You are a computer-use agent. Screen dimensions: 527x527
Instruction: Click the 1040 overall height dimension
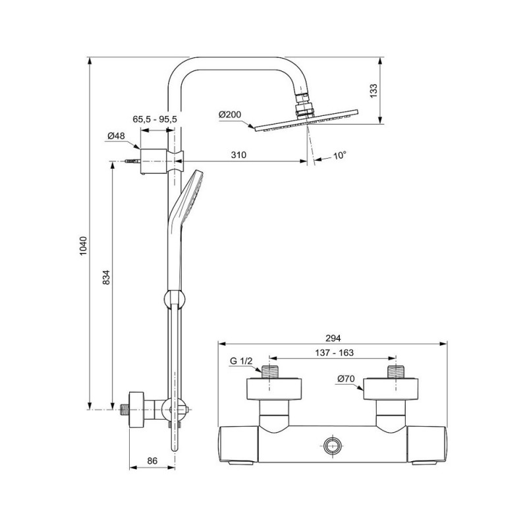pyautogui.click(x=84, y=246)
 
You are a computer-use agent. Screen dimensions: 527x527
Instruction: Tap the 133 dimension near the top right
pyautogui.click(x=374, y=91)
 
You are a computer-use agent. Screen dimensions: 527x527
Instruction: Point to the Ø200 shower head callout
pyautogui.click(x=230, y=115)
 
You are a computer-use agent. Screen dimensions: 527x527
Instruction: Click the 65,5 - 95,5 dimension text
pyautogui.click(x=155, y=119)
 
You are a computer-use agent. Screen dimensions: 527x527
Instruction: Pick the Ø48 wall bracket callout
pyautogui.click(x=117, y=136)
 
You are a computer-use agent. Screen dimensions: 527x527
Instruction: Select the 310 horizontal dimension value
pyautogui.click(x=238, y=155)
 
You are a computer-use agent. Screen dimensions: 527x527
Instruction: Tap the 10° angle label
pyautogui.click(x=339, y=155)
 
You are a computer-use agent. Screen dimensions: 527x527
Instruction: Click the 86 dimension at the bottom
pyautogui.click(x=152, y=460)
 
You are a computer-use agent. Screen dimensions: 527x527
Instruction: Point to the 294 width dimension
pyautogui.click(x=333, y=338)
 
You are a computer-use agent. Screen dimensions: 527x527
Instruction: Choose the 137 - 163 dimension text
pyautogui.click(x=335, y=352)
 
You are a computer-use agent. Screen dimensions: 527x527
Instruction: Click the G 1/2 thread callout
pyautogui.click(x=241, y=361)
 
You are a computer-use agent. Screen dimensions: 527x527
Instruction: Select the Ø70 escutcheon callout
pyautogui.click(x=347, y=379)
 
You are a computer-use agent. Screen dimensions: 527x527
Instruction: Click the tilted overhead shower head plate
pyautogui.click(x=306, y=121)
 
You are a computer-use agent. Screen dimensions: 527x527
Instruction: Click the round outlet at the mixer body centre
pyautogui.click(x=333, y=446)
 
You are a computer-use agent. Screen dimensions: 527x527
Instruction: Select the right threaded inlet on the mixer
pyautogui.click(x=396, y=372)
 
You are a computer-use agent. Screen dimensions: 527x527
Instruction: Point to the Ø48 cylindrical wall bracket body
pyautogui.click(x=153, y=161)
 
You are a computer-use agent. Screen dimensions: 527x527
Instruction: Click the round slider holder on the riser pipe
pyautogui.click(x=175, y=299)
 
